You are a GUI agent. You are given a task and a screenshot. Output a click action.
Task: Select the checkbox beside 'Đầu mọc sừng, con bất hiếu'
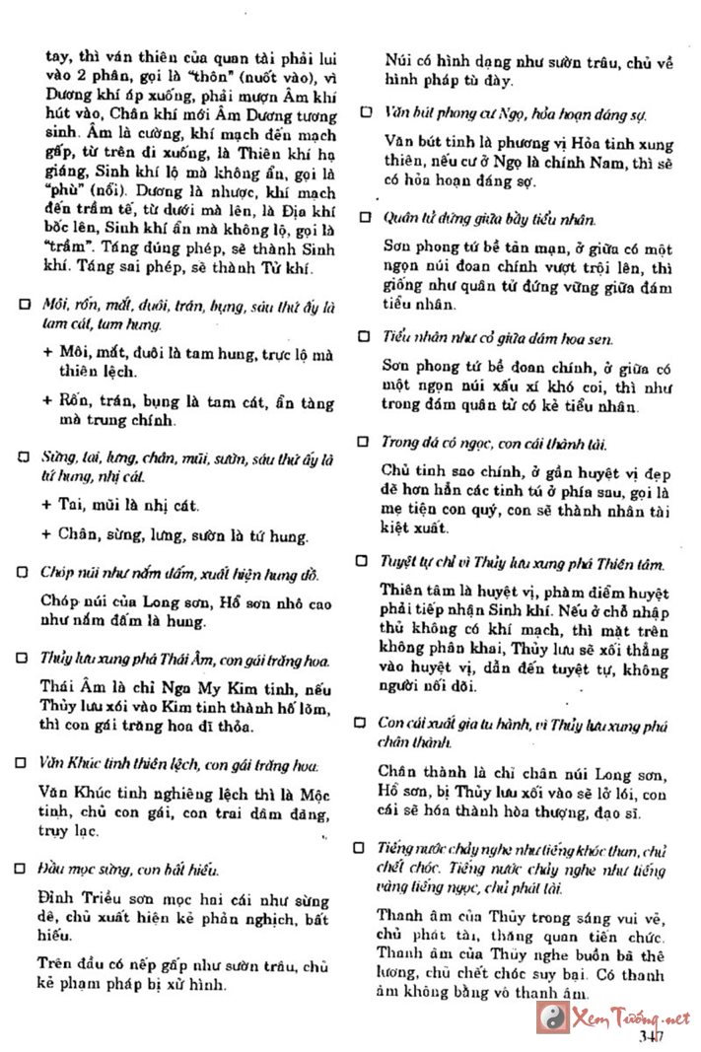click(22, 869)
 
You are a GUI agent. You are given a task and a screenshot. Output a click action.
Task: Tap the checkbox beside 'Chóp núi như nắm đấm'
click(22, 572)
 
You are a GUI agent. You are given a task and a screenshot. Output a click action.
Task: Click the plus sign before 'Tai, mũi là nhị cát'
click(47, 505)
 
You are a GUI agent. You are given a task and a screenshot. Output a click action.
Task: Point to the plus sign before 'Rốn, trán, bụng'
click(47, 401)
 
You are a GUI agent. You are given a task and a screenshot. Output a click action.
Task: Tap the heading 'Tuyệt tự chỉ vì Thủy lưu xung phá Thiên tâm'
click(523, 563)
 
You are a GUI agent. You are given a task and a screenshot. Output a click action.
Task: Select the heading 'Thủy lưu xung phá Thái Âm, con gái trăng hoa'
click(185, 659)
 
